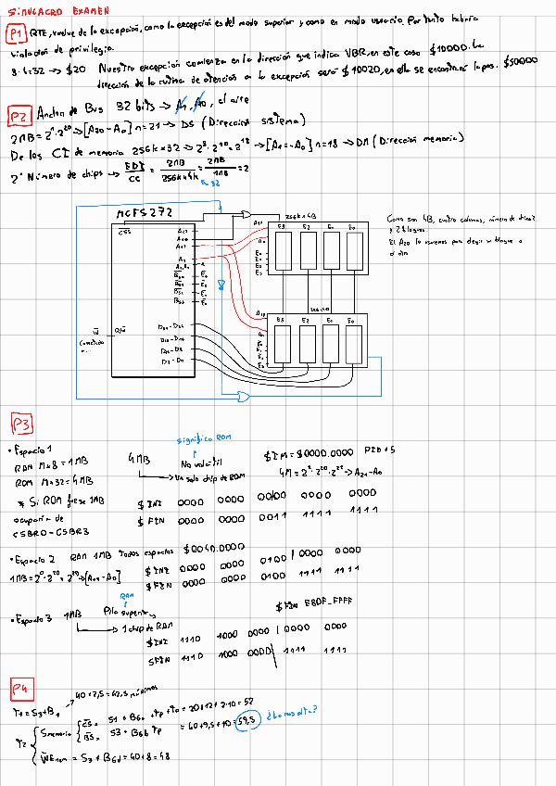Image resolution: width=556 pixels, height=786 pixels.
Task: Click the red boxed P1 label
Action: (x=16, y=35)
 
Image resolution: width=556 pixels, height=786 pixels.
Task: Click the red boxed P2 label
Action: (x=19, y=115)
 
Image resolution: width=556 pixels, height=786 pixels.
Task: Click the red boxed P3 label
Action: (x=21, y=425)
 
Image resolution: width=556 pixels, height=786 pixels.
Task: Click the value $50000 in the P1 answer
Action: (x=520, y=60)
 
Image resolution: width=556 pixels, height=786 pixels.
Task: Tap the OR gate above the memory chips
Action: (x=243, y=211)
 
